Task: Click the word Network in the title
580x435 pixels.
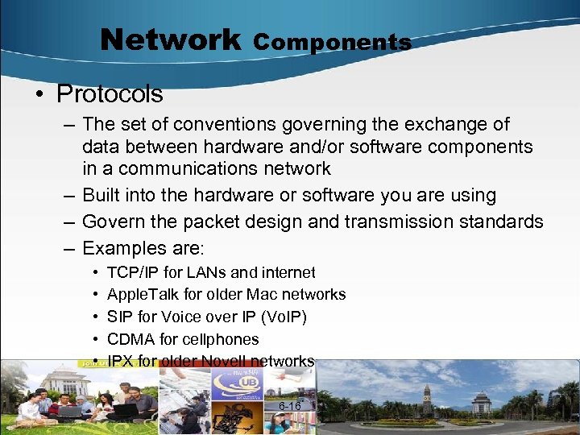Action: point(170,39)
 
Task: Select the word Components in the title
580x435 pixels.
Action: point(333,42)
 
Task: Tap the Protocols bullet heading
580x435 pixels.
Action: point(110,94)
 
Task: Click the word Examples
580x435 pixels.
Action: point(124,249)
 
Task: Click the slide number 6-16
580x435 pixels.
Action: point(289,406)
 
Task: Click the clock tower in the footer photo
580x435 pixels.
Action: point(427,399)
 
